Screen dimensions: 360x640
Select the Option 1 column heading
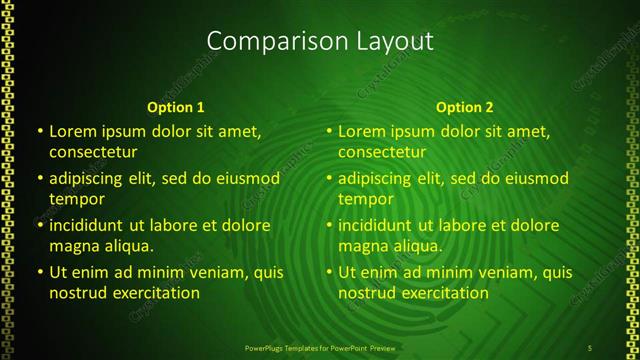click(x=175, y=107)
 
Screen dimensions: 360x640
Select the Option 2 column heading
click(x=464, y=107)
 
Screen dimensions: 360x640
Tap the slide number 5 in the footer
click(x=591, y=347)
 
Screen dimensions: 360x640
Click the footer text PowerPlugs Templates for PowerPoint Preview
click(x=319, y=347)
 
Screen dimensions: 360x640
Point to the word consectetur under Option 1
click(x=93, y=152)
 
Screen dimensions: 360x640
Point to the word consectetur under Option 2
click(x=382, y=152)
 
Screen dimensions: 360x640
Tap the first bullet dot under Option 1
click(x=40, y=131)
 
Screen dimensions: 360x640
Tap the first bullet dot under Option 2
click(x=329, y=131)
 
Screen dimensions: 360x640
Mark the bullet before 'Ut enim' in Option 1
click(x=40, y=272)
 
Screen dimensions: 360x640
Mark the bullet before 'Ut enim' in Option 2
click(x=329, y=272)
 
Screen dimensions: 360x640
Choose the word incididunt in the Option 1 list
click(x=90, y=225)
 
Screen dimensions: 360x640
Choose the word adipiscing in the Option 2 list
click(x=375, y=178)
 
